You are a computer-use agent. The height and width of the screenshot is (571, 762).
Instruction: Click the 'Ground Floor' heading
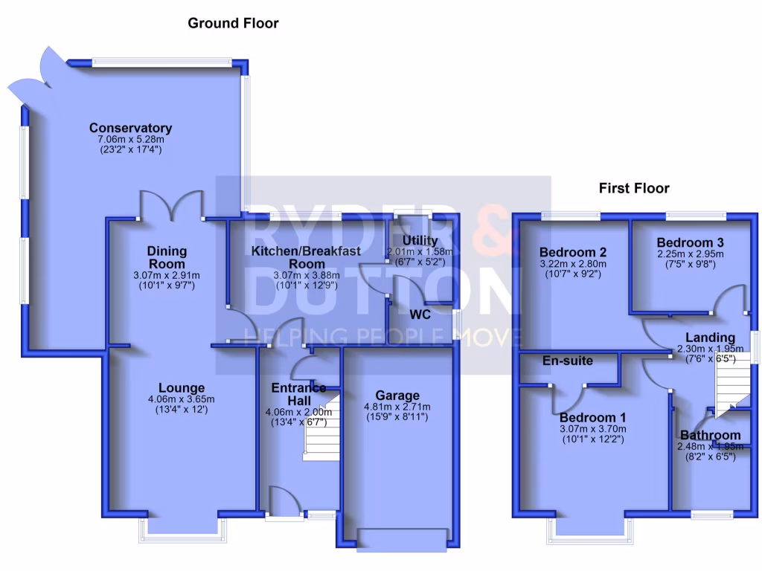pos(233,23)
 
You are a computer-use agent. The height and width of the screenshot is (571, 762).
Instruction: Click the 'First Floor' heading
pos(634,188)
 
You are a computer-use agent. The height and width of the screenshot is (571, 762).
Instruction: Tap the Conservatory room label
pos(130,128)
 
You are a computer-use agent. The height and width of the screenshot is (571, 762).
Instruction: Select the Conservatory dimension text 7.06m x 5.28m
pos(130,139)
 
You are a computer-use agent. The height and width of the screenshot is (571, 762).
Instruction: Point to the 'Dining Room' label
pos(167,257)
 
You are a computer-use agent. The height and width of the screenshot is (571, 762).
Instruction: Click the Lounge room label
pos(182,387)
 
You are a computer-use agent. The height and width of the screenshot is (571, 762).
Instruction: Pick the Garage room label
pos(397,395)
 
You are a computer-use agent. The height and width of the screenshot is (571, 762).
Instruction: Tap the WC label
pos(421,313)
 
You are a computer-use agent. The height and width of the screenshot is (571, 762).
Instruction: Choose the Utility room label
pos(420,241)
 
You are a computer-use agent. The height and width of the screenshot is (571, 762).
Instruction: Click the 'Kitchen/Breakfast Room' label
pos(306,257)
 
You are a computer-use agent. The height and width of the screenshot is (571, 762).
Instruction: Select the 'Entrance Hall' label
pos(298,393)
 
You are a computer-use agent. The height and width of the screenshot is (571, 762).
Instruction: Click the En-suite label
pos(568,361)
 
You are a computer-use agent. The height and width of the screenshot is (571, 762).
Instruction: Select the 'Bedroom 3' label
pos(691,242)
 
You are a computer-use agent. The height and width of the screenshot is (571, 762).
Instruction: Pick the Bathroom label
pos(710,435)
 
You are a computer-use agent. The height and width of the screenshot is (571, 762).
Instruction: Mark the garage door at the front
pos(403,539)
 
